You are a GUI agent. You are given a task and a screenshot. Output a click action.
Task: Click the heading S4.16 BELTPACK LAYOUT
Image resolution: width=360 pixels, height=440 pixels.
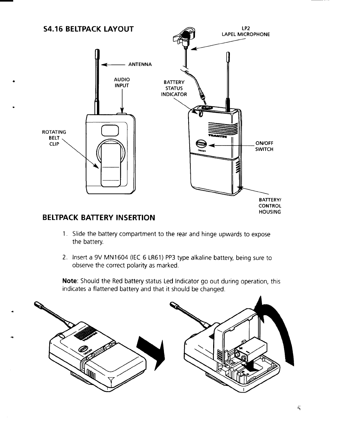point(88,29)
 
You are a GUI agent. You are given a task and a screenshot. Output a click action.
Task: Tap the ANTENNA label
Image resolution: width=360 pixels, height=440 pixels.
point(140,65)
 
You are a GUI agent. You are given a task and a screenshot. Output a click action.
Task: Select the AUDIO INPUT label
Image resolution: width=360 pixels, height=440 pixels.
point(122,82)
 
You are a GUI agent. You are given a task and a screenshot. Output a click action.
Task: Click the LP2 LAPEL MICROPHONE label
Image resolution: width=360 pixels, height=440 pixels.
point(246,32)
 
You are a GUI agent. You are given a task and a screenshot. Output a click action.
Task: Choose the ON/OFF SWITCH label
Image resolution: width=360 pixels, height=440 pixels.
point(264,146)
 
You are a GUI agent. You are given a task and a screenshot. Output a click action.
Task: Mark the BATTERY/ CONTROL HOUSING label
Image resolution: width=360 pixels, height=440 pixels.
point(270,206)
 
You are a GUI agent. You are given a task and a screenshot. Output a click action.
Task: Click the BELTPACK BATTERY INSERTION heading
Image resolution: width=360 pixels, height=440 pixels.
point(99,218)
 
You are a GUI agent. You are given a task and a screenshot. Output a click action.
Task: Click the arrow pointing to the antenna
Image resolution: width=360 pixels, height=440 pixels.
point(112,65)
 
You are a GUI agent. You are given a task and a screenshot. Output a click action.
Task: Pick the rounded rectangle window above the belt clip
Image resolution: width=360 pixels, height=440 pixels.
point(109,131)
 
